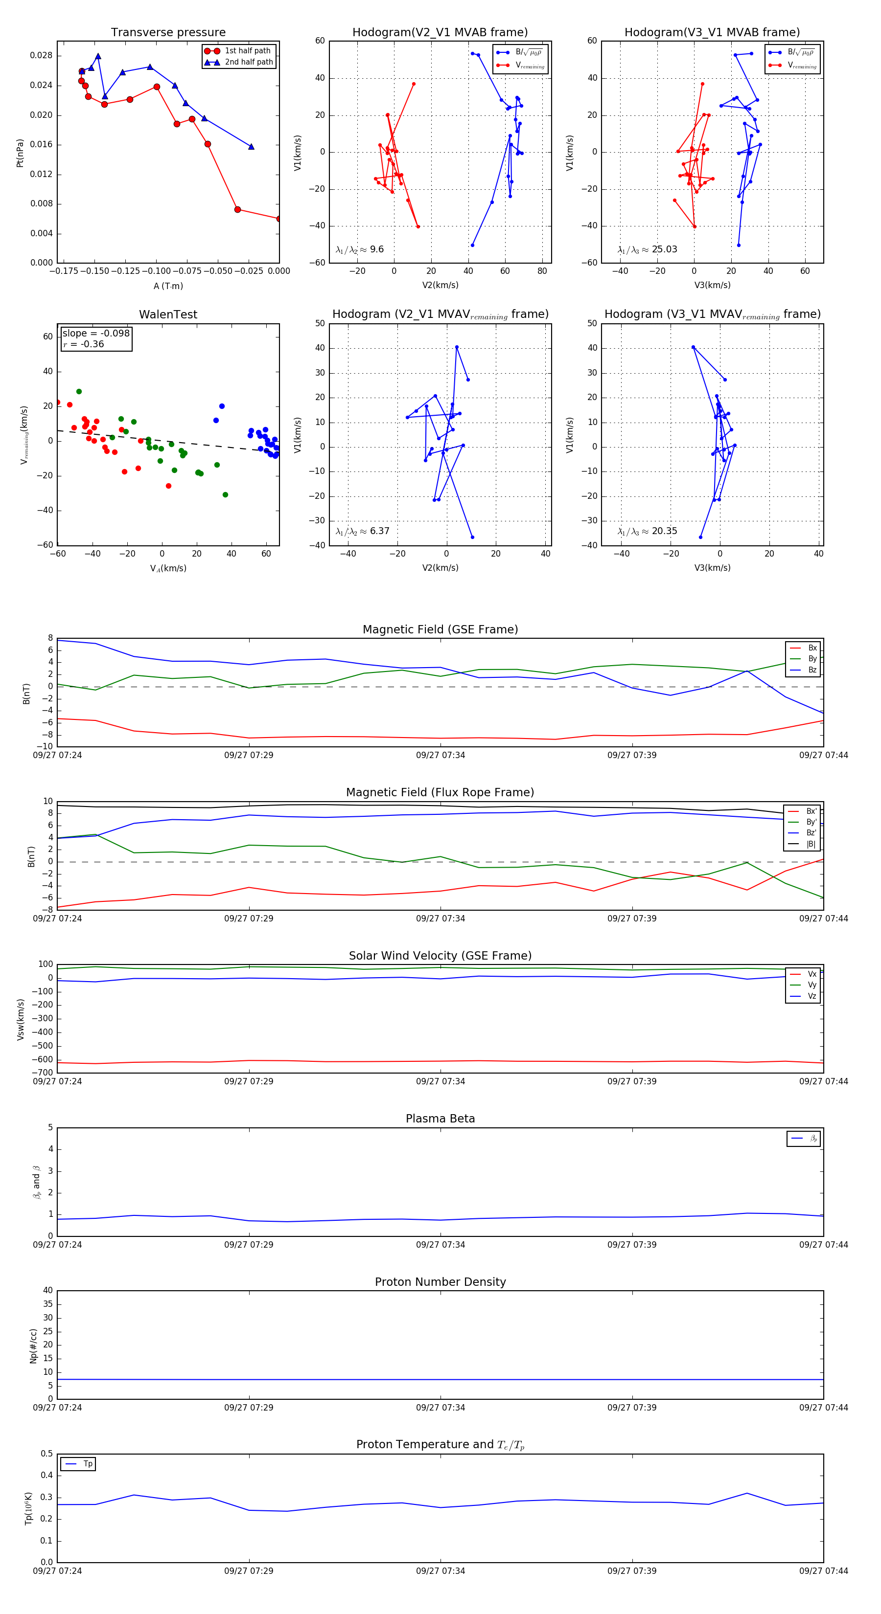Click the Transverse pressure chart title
[x=168, y=33]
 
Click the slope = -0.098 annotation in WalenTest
[x=96, y=334]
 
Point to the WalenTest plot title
[x=168, y=314]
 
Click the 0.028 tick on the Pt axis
[x=42, y=56]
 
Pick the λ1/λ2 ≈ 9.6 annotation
[x=359, y=249]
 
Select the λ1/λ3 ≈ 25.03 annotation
[x=647, y=249]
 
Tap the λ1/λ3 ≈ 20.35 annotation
[x=647, y=531]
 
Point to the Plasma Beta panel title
[x=440, y=1119]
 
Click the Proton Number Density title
[x=440, y=1282]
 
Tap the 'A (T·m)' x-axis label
[x=168, y=286]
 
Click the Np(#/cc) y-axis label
[x=34, y=1345]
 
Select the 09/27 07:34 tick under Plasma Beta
[x=440, y=1245]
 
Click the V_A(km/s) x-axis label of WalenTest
[x=168, y=568]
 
